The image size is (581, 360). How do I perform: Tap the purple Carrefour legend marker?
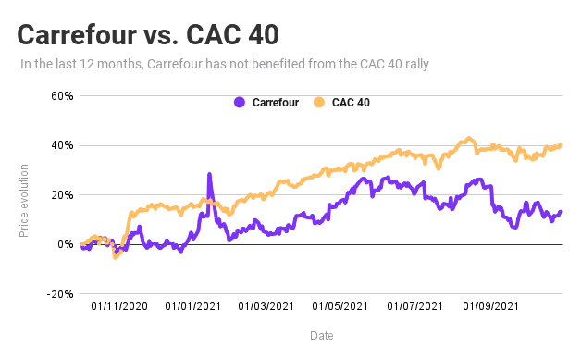[x=240, y=102]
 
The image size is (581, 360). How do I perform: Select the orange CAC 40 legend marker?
[x=320, y=102]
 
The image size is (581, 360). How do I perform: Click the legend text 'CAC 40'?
[x=351, y=102]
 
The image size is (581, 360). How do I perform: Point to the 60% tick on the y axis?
[x=61, y=96]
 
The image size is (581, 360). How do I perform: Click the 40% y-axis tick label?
[x=61, y=145]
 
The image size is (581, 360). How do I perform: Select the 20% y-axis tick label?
[x=61, y=195]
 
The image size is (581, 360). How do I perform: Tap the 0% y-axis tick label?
[x=65, y=244]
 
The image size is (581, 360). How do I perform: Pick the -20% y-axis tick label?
[x=59, y=294]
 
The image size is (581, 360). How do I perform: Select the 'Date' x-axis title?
[x=321, y=336]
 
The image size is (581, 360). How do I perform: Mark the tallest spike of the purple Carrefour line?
[x=209, y=175]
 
